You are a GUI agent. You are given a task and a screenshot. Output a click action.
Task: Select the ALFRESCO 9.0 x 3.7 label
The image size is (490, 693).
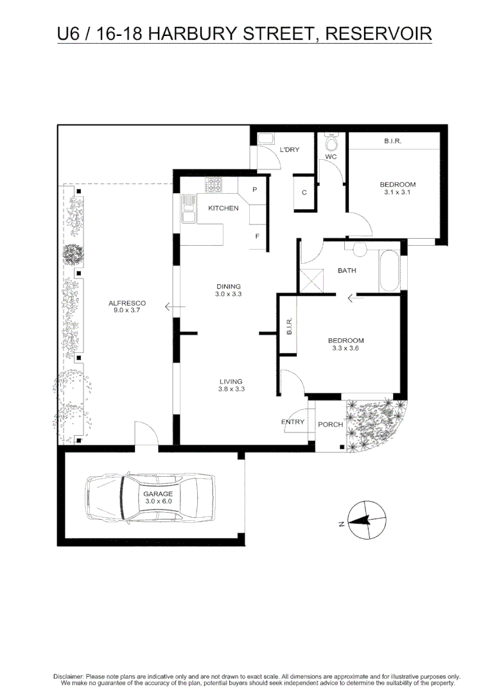(127, 307)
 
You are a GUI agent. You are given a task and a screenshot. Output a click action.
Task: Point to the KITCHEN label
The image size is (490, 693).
(223, 208)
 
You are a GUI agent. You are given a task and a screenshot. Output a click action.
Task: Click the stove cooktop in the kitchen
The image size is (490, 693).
(213, 185)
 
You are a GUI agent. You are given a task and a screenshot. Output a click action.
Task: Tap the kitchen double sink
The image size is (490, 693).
(188, 209)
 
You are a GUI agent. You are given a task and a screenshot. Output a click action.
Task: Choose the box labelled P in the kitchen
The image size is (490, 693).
(254, 190)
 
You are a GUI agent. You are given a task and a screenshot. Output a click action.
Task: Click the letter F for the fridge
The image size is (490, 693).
(257, 236)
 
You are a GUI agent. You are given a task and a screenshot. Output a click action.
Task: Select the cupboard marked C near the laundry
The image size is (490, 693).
(304, 193)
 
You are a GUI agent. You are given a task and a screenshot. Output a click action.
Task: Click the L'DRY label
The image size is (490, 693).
(290, 150)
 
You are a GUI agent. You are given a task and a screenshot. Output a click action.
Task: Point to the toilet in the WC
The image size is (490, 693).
(331, 141)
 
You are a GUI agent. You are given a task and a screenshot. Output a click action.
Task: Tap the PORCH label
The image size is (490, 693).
(331, 425)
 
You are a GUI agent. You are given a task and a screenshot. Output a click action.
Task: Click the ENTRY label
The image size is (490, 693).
(293, 422)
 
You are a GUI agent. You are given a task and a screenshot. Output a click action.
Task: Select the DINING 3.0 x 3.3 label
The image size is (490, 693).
(228, 290)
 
